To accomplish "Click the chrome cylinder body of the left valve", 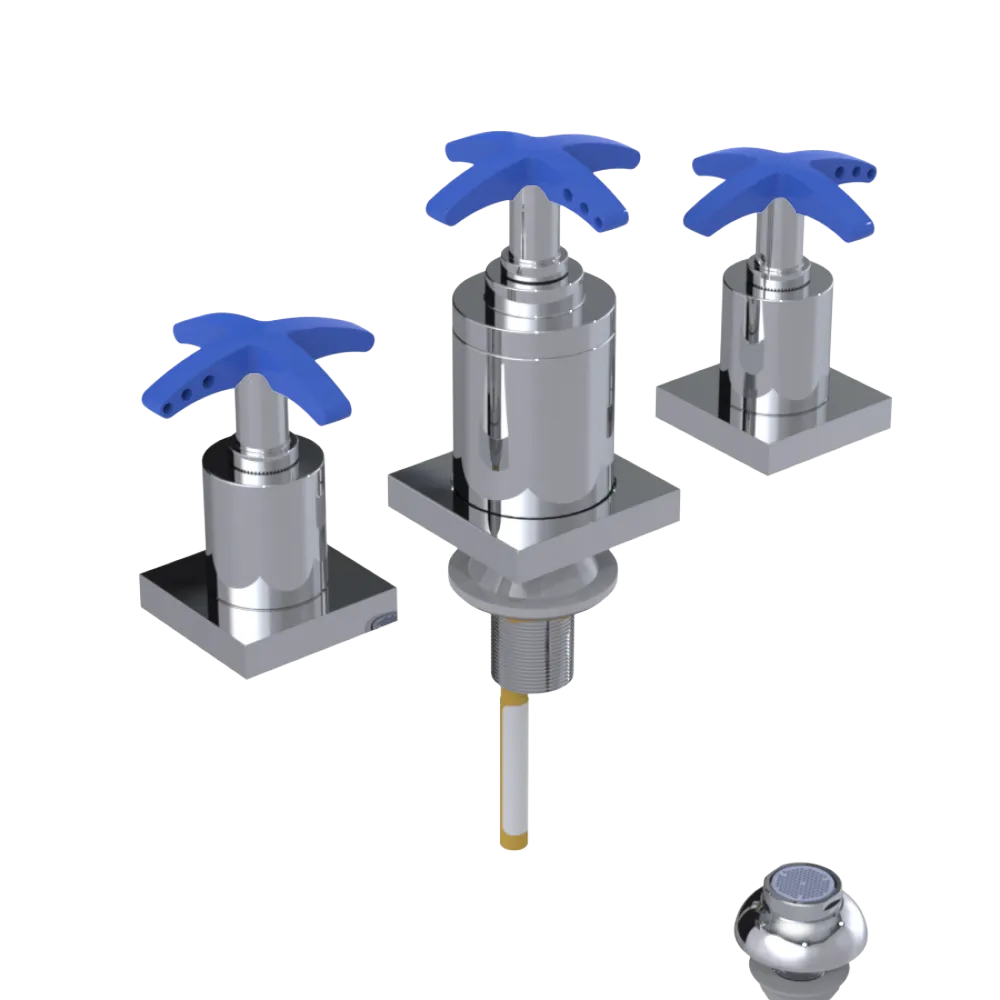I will (x=265, y=530).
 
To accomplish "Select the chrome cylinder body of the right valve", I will (x=775, y=340).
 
